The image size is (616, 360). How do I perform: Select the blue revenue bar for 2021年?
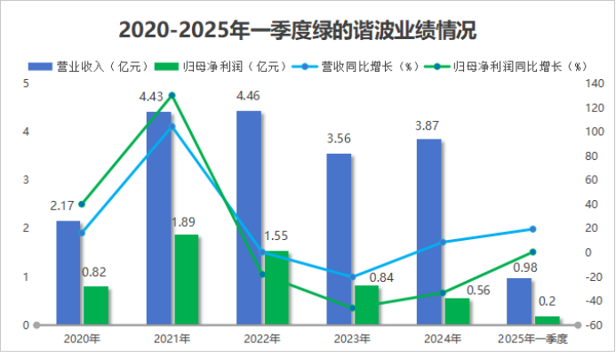[158, 218]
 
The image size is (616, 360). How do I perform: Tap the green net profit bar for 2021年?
[186, 279]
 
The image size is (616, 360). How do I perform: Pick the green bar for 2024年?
[457, 311]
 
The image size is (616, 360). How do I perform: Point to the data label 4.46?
[248, 96]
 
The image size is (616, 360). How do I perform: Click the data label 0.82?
[95, 273]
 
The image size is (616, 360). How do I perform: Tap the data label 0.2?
[548, 301]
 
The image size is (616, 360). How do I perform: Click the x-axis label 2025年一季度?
[532, 339]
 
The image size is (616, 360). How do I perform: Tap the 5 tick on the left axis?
[26, 84]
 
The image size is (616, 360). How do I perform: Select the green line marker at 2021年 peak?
[172, 95]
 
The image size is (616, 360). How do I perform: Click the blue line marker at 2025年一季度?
[533, 229]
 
